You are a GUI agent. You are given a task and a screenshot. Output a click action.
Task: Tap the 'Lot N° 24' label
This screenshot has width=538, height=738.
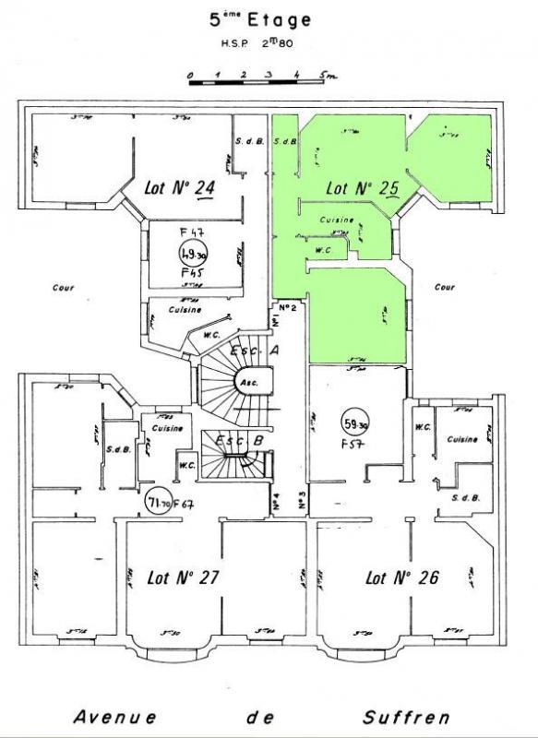coord(180,187)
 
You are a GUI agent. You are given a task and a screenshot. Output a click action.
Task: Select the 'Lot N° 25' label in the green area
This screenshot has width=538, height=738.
coord(363,187)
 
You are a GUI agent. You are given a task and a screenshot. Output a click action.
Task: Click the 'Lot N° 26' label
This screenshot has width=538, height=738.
coord(401,578)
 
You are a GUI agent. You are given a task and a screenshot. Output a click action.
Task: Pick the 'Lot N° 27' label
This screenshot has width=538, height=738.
coord(182,578)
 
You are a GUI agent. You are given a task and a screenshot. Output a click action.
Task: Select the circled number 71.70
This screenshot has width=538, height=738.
coord(161,501)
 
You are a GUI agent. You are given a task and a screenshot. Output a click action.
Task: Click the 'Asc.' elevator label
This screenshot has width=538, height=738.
coord(248,381)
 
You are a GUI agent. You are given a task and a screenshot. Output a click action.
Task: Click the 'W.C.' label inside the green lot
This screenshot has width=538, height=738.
coord(324,249)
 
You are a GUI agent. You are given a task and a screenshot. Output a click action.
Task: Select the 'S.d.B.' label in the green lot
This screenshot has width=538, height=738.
coord(287,141)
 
